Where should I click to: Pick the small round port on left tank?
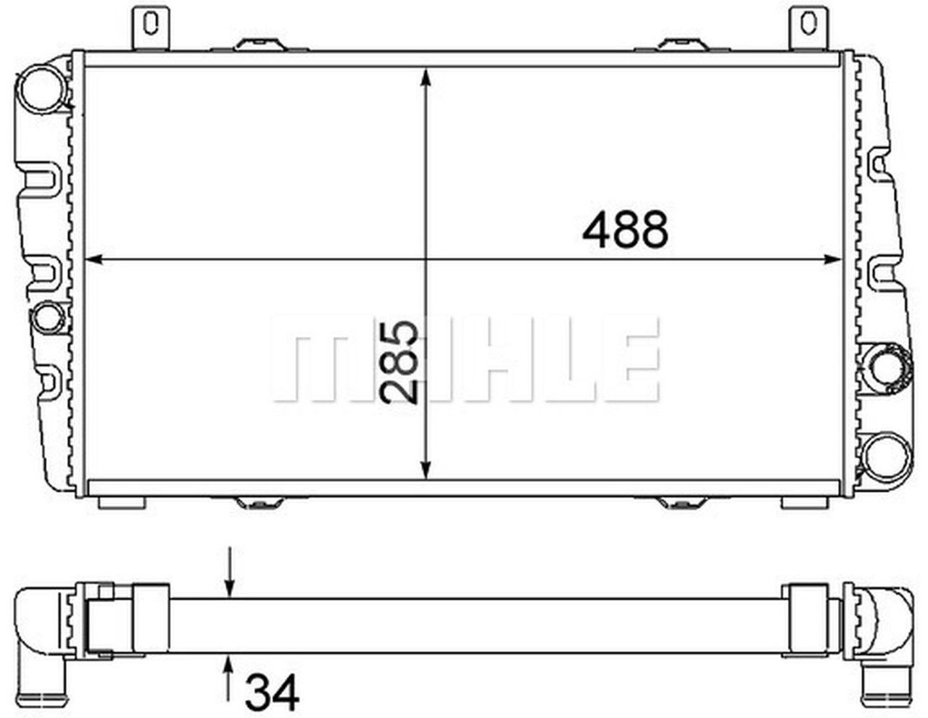(49, 315)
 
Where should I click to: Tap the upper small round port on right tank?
(885, 366)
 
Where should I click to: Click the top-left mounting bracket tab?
(150, 25)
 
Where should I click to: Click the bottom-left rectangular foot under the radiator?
(122, 503)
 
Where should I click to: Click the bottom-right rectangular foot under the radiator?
(805, 503)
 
